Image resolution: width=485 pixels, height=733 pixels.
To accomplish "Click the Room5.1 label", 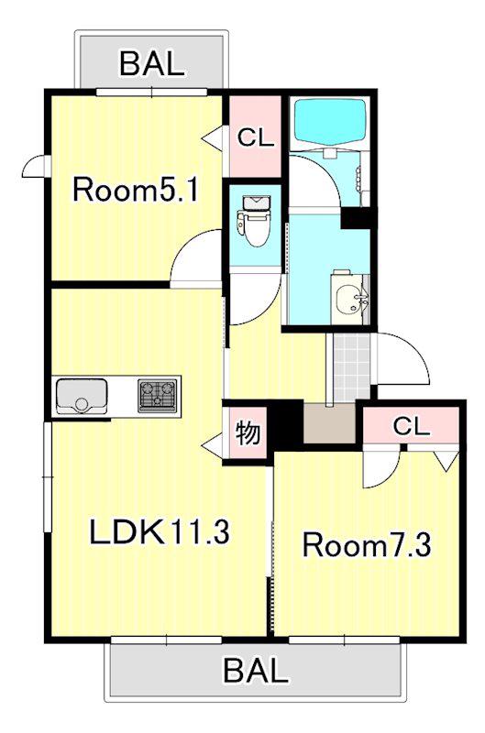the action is (x=136, y=191).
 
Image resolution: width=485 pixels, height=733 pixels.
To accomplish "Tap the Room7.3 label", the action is (x=367, y=544).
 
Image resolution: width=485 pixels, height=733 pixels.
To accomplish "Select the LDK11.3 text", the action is (x=160, y=532).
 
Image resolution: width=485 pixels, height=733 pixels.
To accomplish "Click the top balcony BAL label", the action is (x=152, y=63).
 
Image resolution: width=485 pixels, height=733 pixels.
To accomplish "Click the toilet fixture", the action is (x=253, y=220).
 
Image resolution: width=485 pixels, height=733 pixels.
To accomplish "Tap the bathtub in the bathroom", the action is (x=330, y=122).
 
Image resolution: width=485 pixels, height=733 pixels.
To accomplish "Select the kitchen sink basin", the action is (x=82, y=396).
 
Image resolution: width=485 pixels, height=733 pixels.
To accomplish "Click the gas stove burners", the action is (x=158, y=396).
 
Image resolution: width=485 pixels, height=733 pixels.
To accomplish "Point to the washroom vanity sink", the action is (x=352, y=297).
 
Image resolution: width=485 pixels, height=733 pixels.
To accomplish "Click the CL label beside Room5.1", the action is (x=255, y=137).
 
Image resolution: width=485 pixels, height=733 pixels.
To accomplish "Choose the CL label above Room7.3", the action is (x=411, y=426).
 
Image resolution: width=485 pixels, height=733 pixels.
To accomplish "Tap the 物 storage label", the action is (x=248, y=432).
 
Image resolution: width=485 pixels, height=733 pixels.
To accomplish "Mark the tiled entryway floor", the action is (x=350, y=367).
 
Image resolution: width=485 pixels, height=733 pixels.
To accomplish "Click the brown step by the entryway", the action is (x=329, y=423).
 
